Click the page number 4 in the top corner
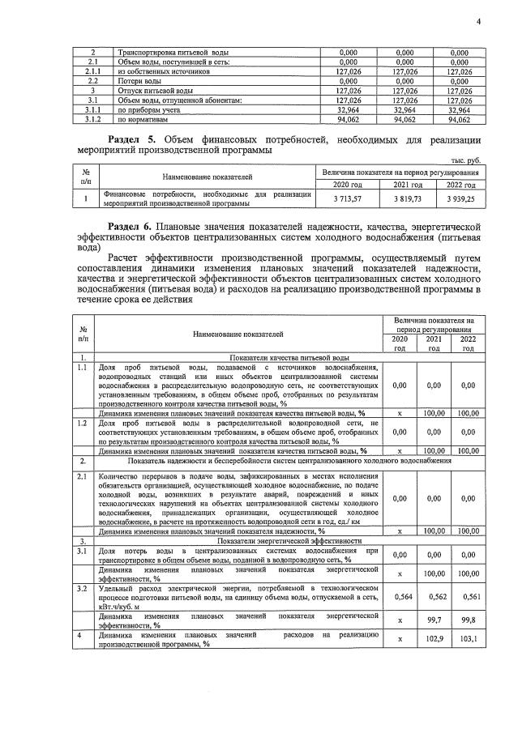pos(477,22)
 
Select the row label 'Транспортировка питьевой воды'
pos(167,52)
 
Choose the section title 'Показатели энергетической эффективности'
pos(283,541)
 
